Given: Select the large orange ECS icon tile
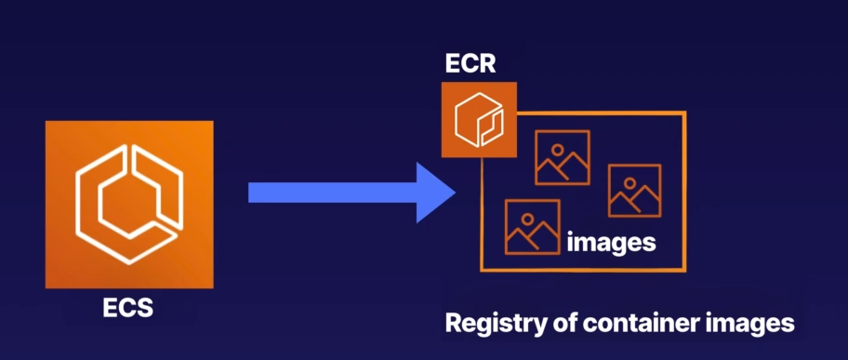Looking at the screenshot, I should tap(128, 204).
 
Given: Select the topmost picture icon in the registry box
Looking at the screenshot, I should tap(562, 157).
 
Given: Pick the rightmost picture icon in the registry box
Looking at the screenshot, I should tap(634, 191).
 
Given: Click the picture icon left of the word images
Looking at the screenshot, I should tap(532, 227).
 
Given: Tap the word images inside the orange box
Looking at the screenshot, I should tap(611, 244).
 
